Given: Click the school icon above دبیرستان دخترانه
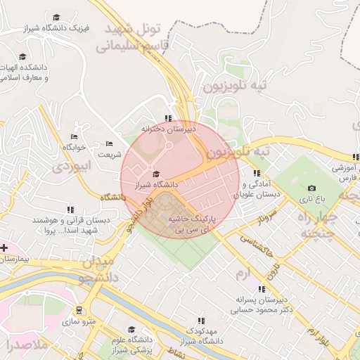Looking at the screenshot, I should click(167, 118).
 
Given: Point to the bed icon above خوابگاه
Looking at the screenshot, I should click(74, 137).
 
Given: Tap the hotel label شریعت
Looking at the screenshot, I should click(109, 154).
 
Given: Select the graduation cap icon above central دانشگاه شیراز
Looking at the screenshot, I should click(156, 174).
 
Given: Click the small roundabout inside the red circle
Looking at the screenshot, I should click(169, 146).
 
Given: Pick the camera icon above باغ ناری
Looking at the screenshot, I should click(311, 188).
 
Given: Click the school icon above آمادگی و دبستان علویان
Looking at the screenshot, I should click(257, 173).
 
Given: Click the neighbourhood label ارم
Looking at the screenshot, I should click(243, 271).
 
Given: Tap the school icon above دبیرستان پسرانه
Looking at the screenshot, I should click(262, 288).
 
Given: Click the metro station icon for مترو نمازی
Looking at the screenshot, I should click(79, 309).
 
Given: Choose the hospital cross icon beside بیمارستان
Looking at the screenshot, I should click(4, 247).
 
